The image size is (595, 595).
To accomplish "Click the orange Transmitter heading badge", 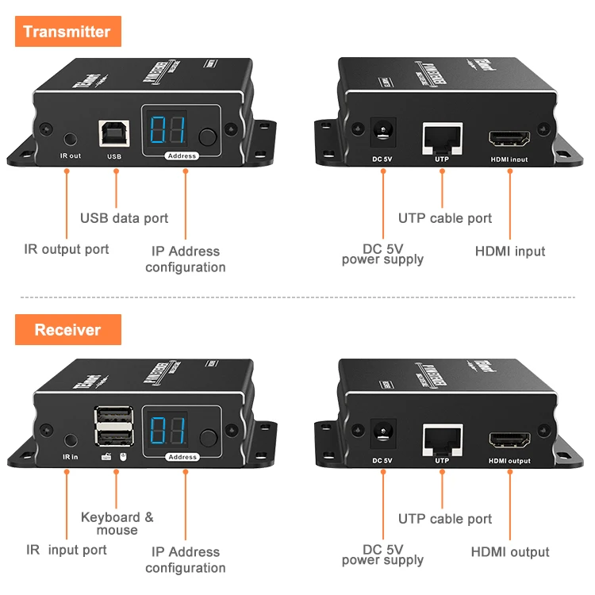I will (67, 32).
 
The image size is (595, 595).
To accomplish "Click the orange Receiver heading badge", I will (67, 329).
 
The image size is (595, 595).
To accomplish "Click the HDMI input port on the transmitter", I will (509, 140).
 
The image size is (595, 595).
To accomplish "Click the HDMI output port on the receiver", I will (509, 441).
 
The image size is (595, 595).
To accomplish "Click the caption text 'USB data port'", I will (125, 218).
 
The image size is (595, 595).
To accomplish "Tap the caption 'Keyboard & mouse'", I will (117, 524).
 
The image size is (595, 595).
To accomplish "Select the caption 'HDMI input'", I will (510, 251).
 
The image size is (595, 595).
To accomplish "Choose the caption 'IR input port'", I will (67, 550).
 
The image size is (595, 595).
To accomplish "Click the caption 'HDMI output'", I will (510, 552).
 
